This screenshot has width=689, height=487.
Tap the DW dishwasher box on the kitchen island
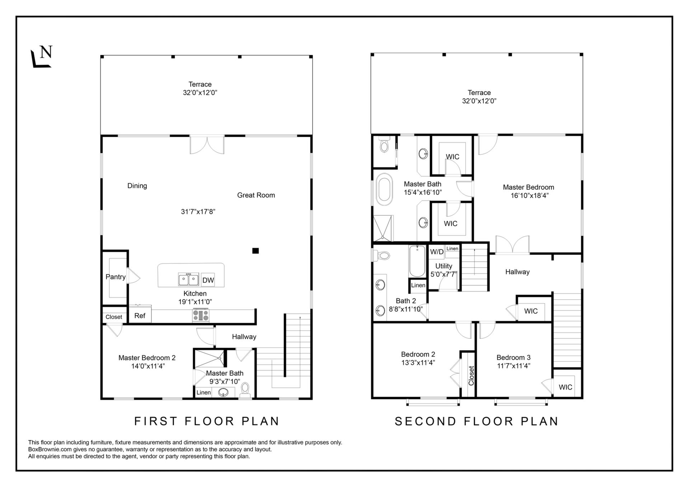click(208, 280)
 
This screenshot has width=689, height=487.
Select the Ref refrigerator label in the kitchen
click(140, 315)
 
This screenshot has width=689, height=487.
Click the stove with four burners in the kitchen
click(201, 315)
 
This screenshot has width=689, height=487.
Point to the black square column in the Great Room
click(256, 251)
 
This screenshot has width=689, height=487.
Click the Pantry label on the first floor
click(116, 277)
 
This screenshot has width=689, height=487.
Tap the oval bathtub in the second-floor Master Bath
click(384, 189)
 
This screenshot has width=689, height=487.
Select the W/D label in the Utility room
click(437, 252)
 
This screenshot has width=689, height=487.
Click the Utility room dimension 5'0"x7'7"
click(444, 275)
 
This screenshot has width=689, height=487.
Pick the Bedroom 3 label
click(514, 357)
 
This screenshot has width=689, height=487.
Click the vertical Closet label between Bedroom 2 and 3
click(471, 375)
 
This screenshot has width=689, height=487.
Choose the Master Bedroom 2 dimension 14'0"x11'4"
click(148, 366)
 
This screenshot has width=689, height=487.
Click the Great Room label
click(256, 195)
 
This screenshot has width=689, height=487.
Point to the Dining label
click(137, 186)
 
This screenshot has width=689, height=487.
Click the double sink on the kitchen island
click(189, 279)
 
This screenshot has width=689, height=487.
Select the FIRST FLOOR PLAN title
click(207, 421)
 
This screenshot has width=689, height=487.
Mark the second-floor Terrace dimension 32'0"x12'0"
click(479, 101)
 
